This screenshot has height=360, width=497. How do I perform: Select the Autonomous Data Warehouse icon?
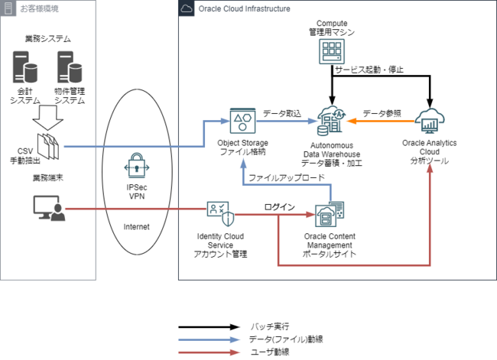332,122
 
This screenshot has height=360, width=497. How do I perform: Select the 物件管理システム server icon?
70,68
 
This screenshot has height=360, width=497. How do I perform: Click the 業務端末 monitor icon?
47,207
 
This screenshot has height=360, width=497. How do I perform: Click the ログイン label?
278,206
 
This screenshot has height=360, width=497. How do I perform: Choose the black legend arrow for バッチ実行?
208,326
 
